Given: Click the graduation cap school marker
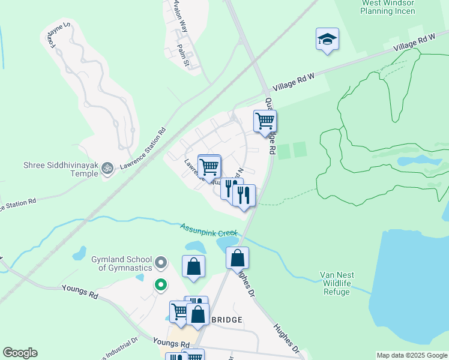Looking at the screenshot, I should pos(327,40).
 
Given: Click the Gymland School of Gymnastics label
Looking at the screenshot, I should pos(122,263).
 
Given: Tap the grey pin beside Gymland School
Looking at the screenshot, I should pos(160,263).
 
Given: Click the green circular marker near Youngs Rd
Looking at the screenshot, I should pos(160,285).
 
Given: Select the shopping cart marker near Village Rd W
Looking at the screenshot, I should pos(265,121).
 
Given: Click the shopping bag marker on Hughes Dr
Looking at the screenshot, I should pos(238,258).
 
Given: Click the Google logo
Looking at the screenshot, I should pos(20,353).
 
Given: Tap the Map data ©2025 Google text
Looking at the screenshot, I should pos(412,355).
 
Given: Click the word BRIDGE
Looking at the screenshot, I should pos(226,320).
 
